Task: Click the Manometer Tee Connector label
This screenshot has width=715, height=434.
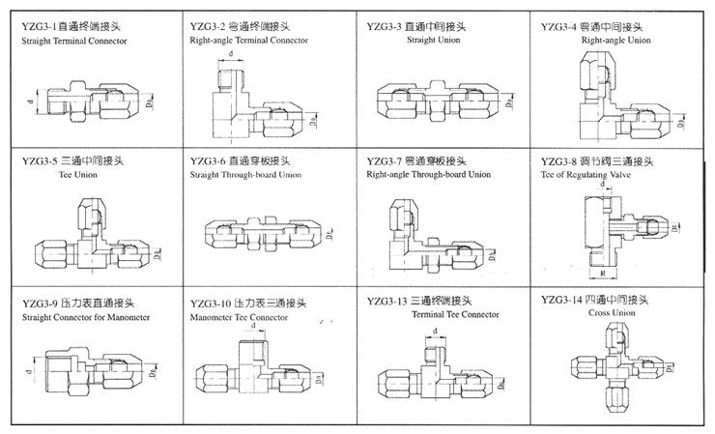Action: point(240,316)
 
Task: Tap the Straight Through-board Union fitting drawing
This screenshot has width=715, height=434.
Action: point(263,232)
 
